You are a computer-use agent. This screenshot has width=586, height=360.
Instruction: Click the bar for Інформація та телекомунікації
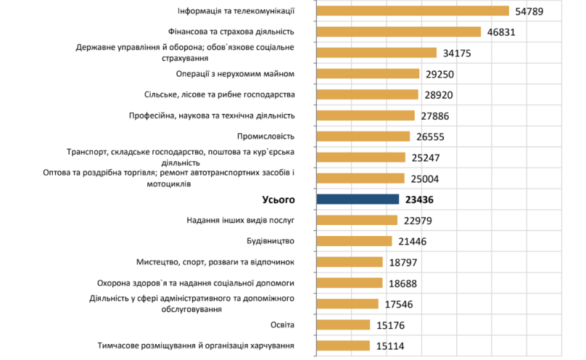click(413, 11)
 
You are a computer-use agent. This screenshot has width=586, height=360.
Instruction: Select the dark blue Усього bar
click(358, 200)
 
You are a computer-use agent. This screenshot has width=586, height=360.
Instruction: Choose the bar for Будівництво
click(354, 242)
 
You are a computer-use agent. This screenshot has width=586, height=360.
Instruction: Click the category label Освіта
click(281, 324)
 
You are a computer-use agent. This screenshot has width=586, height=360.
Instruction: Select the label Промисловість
click(265, 136)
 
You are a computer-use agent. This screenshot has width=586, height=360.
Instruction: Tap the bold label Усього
click(278, 200)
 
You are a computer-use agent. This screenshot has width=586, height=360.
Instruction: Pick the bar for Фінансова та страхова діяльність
click(399, 32)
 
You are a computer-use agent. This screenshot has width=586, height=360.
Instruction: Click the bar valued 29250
click(368, 73)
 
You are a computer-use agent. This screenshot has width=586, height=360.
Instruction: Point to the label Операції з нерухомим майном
click(235, 74)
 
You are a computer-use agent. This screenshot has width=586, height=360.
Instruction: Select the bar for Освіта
click(344, 325)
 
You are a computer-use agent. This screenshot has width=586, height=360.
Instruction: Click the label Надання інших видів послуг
click(241, 221)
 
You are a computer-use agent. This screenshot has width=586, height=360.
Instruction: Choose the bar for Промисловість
click(363, 136)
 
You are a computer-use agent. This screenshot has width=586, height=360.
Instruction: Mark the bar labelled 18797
click(350, 262)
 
